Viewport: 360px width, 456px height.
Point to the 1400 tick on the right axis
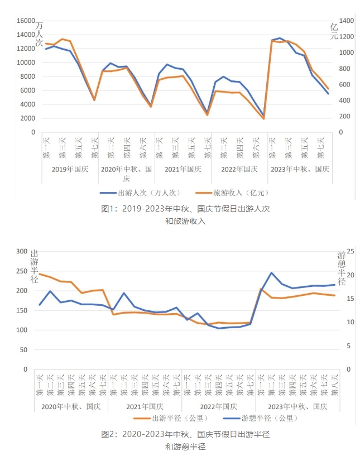coord(346,21)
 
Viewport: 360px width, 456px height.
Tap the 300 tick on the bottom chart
coord(21,252)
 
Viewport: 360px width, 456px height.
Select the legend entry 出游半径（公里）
coord(172,417)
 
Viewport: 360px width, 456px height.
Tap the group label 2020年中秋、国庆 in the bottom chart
coord(70,406)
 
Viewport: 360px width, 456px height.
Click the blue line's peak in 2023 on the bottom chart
coord(271,273)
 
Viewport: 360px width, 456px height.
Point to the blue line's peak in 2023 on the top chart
coord(280,38)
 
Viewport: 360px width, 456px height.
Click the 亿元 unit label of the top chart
coord(334,31)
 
